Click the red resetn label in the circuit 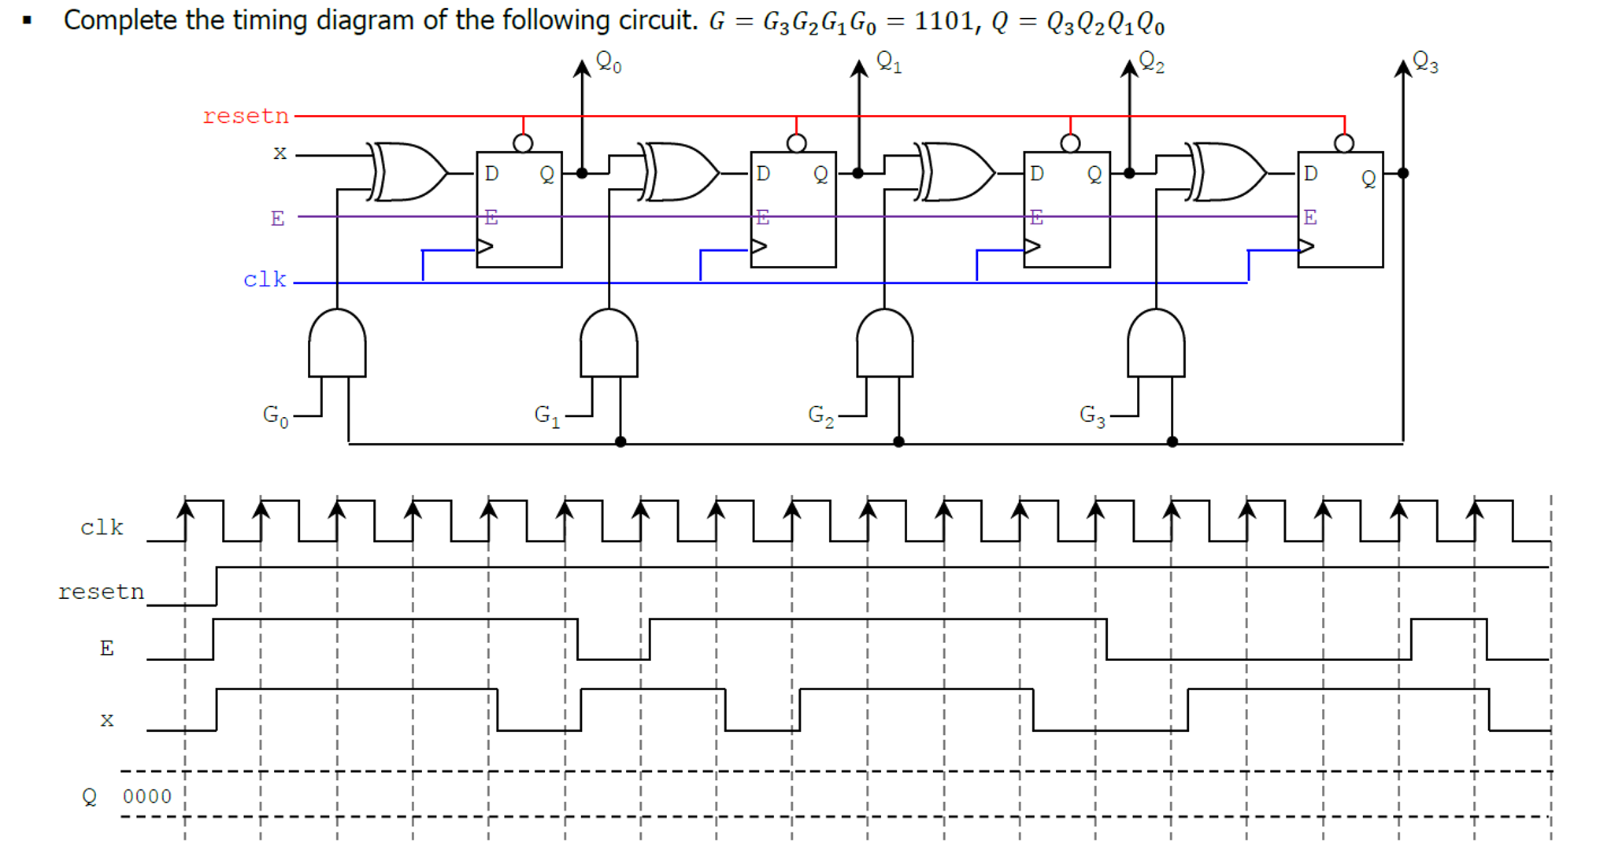point(246,116)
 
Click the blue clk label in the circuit point(265,279)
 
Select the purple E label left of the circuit point(277,218)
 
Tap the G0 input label point(276,416)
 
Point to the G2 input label point(820,416)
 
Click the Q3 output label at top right point(1425,61)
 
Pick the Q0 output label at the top point(608,61)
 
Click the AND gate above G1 point(609,344)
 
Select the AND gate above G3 point(1156,344)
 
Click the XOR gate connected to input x point(408,172)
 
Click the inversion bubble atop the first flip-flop point(523,142)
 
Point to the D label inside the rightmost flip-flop point(1310,173)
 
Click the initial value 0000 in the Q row point(147,796)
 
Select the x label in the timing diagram point(107,719)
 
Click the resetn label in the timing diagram point(101,592)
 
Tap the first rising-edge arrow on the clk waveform point(185,510)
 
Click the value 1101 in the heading point(943,20)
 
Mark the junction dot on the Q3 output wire point(1402,173)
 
